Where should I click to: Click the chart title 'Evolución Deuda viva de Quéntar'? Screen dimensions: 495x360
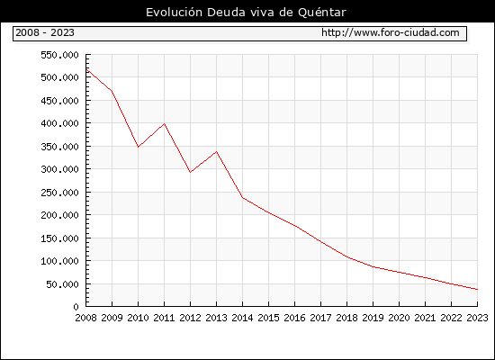[246, 13]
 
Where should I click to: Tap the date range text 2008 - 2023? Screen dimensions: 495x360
[45, 32]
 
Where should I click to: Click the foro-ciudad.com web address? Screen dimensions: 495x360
[391, 32]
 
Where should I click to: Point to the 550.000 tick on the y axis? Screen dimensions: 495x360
[59, 55]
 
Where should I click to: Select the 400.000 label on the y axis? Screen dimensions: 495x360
[59, 123]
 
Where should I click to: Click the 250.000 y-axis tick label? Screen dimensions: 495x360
[59, 193]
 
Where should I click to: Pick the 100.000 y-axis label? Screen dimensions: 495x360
[59, 261]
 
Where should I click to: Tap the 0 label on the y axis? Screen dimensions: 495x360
[76, 307]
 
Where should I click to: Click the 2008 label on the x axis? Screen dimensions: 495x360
[85, 318]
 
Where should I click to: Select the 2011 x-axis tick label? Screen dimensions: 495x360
[164, 318]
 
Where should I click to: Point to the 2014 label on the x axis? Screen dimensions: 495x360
[242, 318]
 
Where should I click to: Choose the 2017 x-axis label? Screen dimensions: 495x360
[320, 318]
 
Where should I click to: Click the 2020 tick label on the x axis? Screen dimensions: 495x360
[399, 318]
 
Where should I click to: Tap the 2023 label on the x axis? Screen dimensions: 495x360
[477, 318]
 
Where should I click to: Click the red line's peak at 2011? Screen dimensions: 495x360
[164, 123]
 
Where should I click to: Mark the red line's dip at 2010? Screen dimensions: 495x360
[138, 147]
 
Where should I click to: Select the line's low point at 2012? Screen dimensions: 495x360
[190, 172]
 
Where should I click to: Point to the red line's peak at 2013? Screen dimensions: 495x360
[216, 151]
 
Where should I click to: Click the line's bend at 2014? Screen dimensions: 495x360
[242, 198]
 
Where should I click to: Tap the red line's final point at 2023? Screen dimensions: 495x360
[477, 289]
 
